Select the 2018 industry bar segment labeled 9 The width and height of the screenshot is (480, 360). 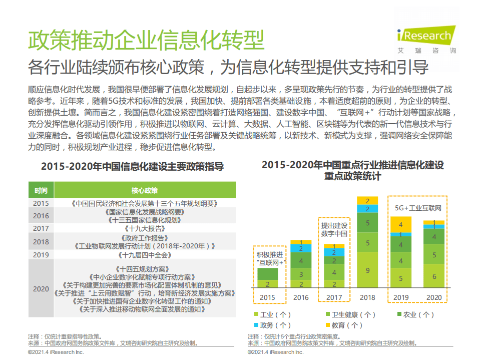[367, 270]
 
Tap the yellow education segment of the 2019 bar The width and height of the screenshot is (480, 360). [400, 224]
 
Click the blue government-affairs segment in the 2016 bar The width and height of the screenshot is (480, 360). [301, 248]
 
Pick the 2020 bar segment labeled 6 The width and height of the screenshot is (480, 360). [433, 276]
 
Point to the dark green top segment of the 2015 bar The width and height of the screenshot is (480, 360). [268, 274]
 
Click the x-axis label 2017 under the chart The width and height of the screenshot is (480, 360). [334, 297]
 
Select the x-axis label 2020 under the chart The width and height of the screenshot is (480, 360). [433, 297]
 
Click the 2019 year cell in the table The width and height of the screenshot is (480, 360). [41, 255]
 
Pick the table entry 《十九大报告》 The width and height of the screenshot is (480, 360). [145, 228]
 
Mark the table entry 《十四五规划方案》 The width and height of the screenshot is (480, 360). [145, 269]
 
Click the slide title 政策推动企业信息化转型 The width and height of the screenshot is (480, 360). [146, 40]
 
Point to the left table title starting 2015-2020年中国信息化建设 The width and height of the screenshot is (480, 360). [132, 167]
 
